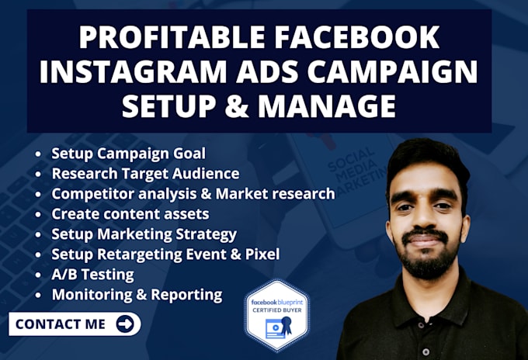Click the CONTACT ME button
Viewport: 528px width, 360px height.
click(75, 324)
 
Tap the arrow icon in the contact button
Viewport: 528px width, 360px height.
click(124, 324)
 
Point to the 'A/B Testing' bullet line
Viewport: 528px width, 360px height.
click(92, 274)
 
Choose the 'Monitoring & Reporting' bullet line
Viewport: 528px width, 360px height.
click(137, 294)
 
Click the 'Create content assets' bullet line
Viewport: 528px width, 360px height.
click(130, 213)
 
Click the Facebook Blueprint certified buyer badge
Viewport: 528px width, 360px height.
click(276, 315)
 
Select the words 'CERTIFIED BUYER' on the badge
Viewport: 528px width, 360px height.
click(276, 309)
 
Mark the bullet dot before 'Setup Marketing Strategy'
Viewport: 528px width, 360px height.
click(40, 234)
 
